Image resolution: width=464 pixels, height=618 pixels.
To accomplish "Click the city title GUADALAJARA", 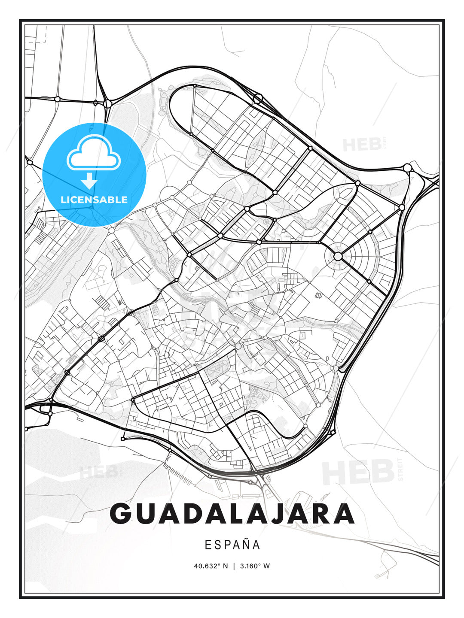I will point(232,513).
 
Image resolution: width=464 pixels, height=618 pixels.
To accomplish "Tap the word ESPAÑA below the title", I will point(232,545).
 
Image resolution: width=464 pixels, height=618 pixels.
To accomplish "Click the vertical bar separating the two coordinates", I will point(234,566).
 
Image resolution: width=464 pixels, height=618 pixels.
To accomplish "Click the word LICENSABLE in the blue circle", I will point(94,200).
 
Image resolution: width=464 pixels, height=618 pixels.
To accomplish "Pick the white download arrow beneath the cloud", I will point(89,181).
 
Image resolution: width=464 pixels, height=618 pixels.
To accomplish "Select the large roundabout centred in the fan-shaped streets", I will point(338,256).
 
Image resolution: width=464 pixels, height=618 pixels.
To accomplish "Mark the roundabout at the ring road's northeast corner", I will point(407,167).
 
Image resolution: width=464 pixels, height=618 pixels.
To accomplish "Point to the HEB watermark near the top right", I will point(362,145).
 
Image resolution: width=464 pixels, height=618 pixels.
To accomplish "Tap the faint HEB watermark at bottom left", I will point(98,472).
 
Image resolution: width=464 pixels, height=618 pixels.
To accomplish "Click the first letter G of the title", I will point(121,513).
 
